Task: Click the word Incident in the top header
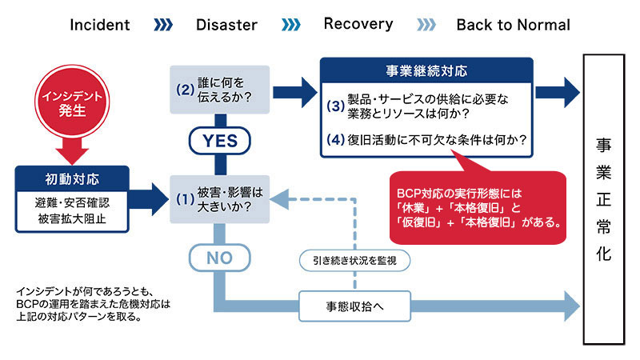(100, 25)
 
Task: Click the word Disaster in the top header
(226, 25)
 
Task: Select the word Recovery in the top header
(358, 24)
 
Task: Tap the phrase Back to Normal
(513, 25)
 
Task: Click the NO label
(215, 259)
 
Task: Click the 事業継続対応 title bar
(426, 69)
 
